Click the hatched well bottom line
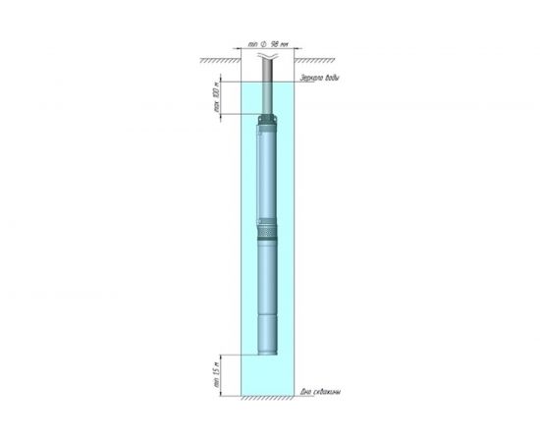coord(267,400)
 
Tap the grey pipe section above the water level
coord(268,69)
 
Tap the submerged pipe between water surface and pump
coord(268,98)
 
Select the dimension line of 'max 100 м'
coord(221,98)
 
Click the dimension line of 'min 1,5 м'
coord(221,374)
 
